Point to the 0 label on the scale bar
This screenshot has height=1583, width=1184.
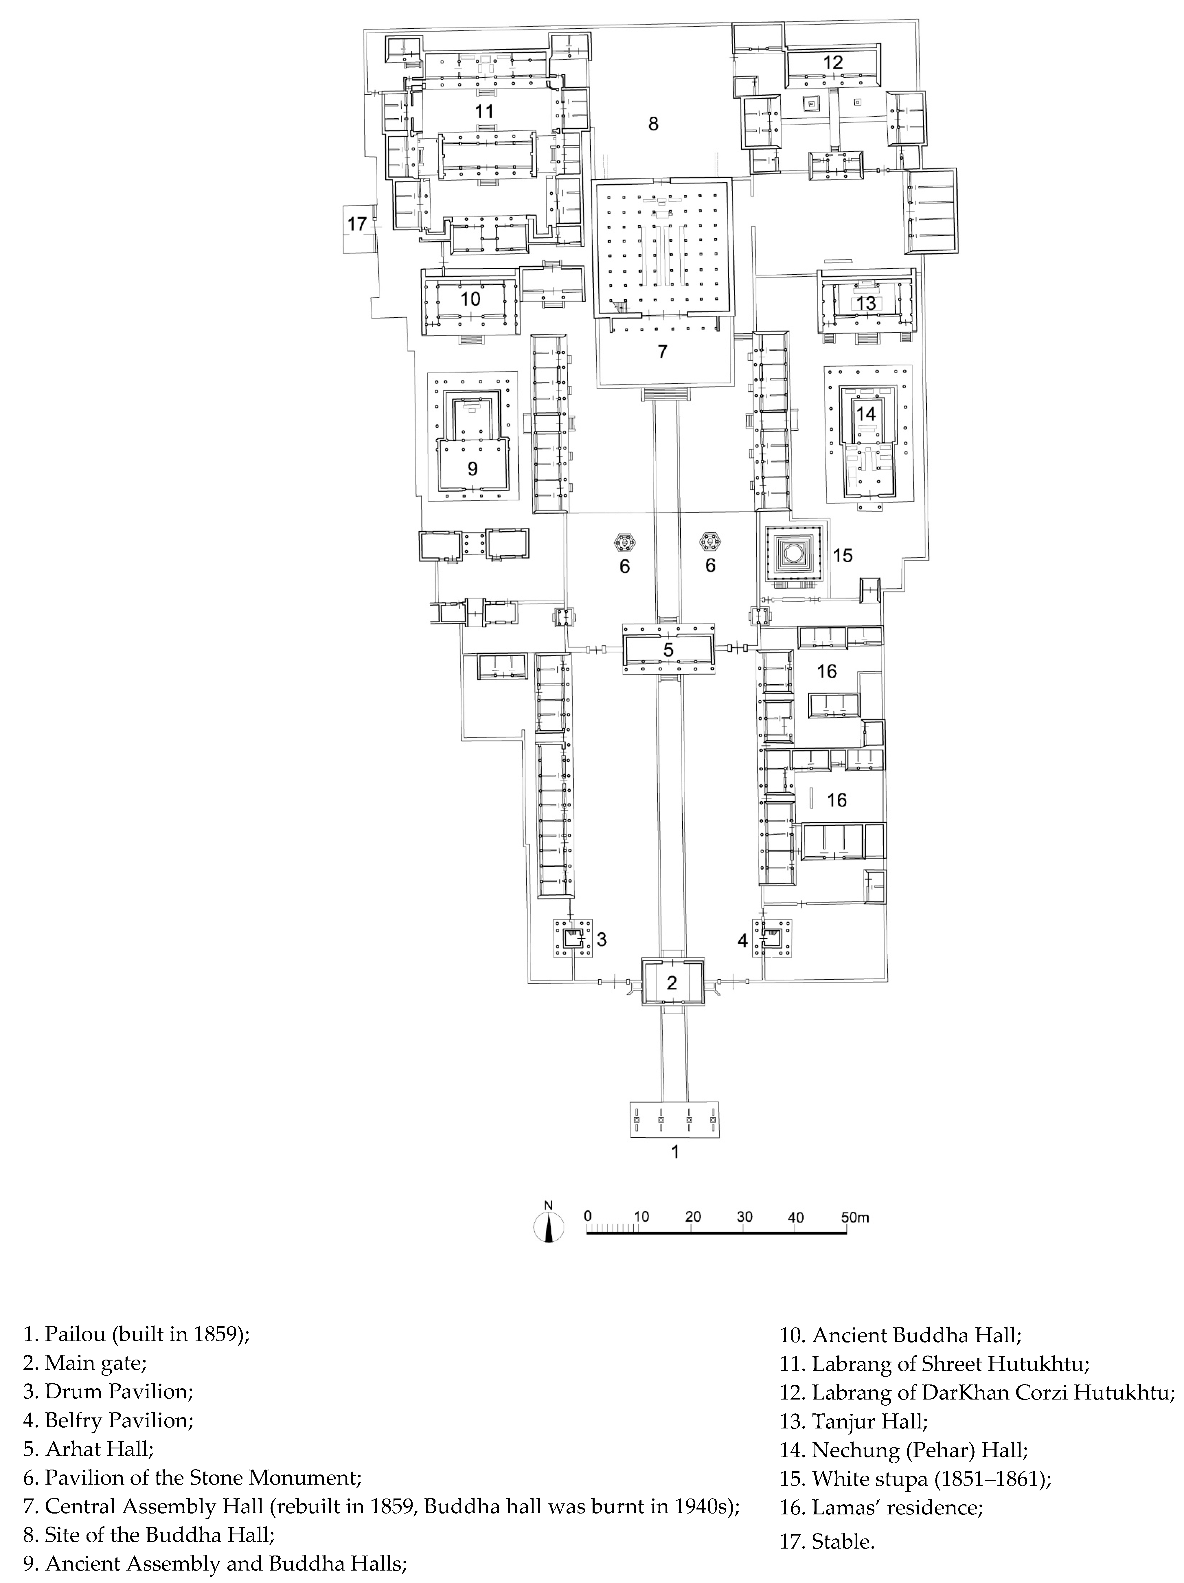(587, 1217)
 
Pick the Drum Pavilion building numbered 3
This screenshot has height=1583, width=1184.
(572, 938)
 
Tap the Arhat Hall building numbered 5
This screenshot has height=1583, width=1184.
(668, 649)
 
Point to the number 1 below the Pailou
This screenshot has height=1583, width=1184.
(673, 1152)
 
